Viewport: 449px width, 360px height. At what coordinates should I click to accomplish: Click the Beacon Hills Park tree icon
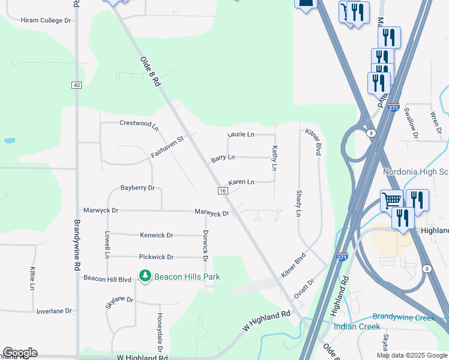[145, 276]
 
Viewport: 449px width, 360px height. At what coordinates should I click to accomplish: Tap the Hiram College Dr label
[46, 20]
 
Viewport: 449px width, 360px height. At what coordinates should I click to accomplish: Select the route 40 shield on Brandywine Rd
[76, 85]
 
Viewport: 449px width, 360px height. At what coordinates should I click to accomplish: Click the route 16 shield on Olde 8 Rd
[223, 190]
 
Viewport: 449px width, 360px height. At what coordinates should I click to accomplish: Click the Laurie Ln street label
[241, 134]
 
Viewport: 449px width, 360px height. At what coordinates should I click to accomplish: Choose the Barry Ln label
[223, 158]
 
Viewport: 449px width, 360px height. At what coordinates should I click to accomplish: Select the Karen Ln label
[241, 182]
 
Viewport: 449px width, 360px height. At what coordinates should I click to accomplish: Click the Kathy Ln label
[275, 158]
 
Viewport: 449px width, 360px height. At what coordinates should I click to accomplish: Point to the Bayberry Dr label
[137, 188]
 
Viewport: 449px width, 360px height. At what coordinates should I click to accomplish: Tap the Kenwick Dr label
[156, 235]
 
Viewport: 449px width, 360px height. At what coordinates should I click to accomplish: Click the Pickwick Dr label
[156, 257]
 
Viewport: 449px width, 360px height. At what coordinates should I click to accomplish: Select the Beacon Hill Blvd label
[107, 279]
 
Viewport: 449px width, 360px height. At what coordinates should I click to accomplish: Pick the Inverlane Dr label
[54, 311]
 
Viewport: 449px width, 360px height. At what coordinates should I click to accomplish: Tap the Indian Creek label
[357, 326]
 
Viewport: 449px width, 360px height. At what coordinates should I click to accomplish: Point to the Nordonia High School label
[415, 172]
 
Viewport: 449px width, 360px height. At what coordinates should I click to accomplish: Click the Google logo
[20, 353]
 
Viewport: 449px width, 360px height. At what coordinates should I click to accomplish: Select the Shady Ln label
[299, 203]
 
